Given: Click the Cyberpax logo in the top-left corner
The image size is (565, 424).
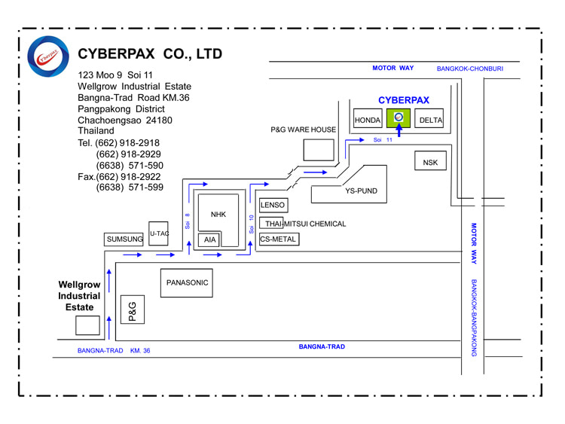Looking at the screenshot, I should tap(50, 56).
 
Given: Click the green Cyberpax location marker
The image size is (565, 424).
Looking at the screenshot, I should tap(399, 117).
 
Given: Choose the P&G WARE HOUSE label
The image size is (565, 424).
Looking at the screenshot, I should tap(303, 130).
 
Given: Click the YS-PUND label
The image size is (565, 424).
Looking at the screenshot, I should tap(361, 191).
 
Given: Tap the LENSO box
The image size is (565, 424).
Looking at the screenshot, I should tap(273, 205).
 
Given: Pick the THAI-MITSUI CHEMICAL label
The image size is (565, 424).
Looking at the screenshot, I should tap(305, 224).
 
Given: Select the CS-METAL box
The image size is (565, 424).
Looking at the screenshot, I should tap(278, 239).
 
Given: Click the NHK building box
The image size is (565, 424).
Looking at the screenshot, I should tap(218, 215).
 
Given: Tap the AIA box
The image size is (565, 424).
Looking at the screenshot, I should tap(209, 240).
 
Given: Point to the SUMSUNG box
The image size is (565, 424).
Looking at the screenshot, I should tap(125, 239).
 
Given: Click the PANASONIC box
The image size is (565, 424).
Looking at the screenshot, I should tap(188, 283).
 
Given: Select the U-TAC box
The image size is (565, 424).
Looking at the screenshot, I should tap(159, 234).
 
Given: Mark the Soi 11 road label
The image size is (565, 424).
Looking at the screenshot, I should tap(383, 140).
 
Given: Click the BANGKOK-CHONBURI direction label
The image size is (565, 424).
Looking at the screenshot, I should tap(470, 69).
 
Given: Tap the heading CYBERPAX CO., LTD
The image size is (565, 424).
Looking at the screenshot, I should tap(150, 54).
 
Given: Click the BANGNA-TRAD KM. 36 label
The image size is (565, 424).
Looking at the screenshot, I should tap(114, 351).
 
